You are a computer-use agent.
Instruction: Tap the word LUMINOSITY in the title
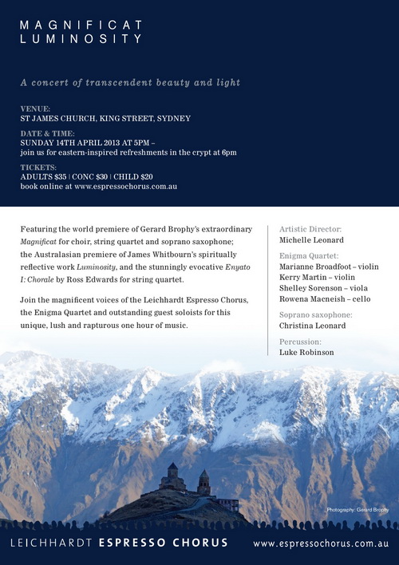[x=81, y=38]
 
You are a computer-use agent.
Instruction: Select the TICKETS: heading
[x=39, y=167]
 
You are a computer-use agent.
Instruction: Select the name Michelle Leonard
[x=311, y=239]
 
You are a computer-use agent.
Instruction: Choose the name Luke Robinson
[x=306, y=352]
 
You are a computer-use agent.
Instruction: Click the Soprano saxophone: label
[x=316, y=314]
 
